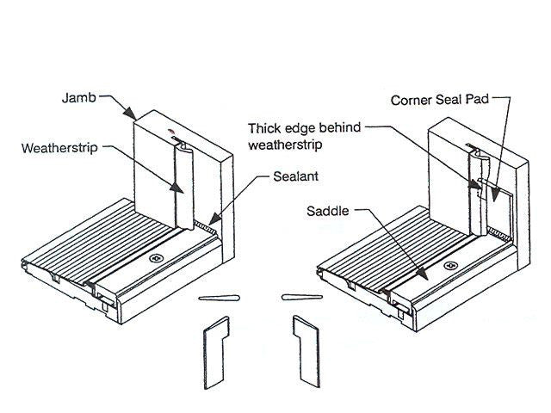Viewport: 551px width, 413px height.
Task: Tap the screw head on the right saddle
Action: pyautogui.click(x=448, y=268)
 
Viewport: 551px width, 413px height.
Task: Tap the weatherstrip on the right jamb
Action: pyautogui.click(x=475, y=191)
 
